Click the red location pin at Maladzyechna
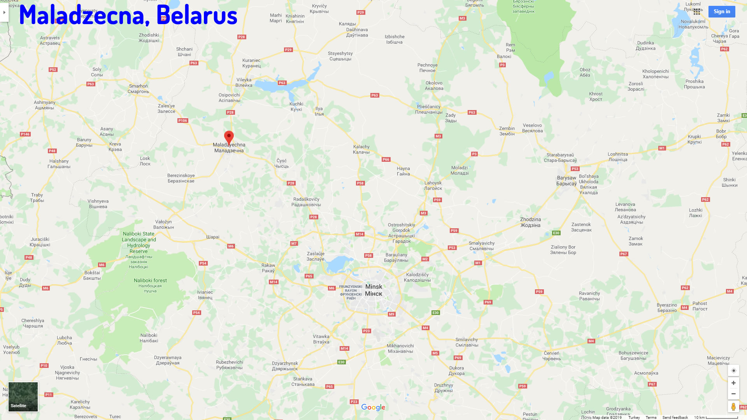(229, 137)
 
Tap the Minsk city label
(373, 290)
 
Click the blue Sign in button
(721, 12)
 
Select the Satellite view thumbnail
(23, 397)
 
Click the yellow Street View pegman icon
(733, 406)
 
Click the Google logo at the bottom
(373, 407)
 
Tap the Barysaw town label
(566, 180)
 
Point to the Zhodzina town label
(530, 222)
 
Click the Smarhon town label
(139, 89)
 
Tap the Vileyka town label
(244, 82)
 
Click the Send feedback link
(675, 417)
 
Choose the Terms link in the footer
(651, 417)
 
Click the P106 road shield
(182, 121)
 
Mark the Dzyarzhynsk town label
(285, 366)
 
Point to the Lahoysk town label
(433, 185)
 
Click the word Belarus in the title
(197, 16)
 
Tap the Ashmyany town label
(45, 105)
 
